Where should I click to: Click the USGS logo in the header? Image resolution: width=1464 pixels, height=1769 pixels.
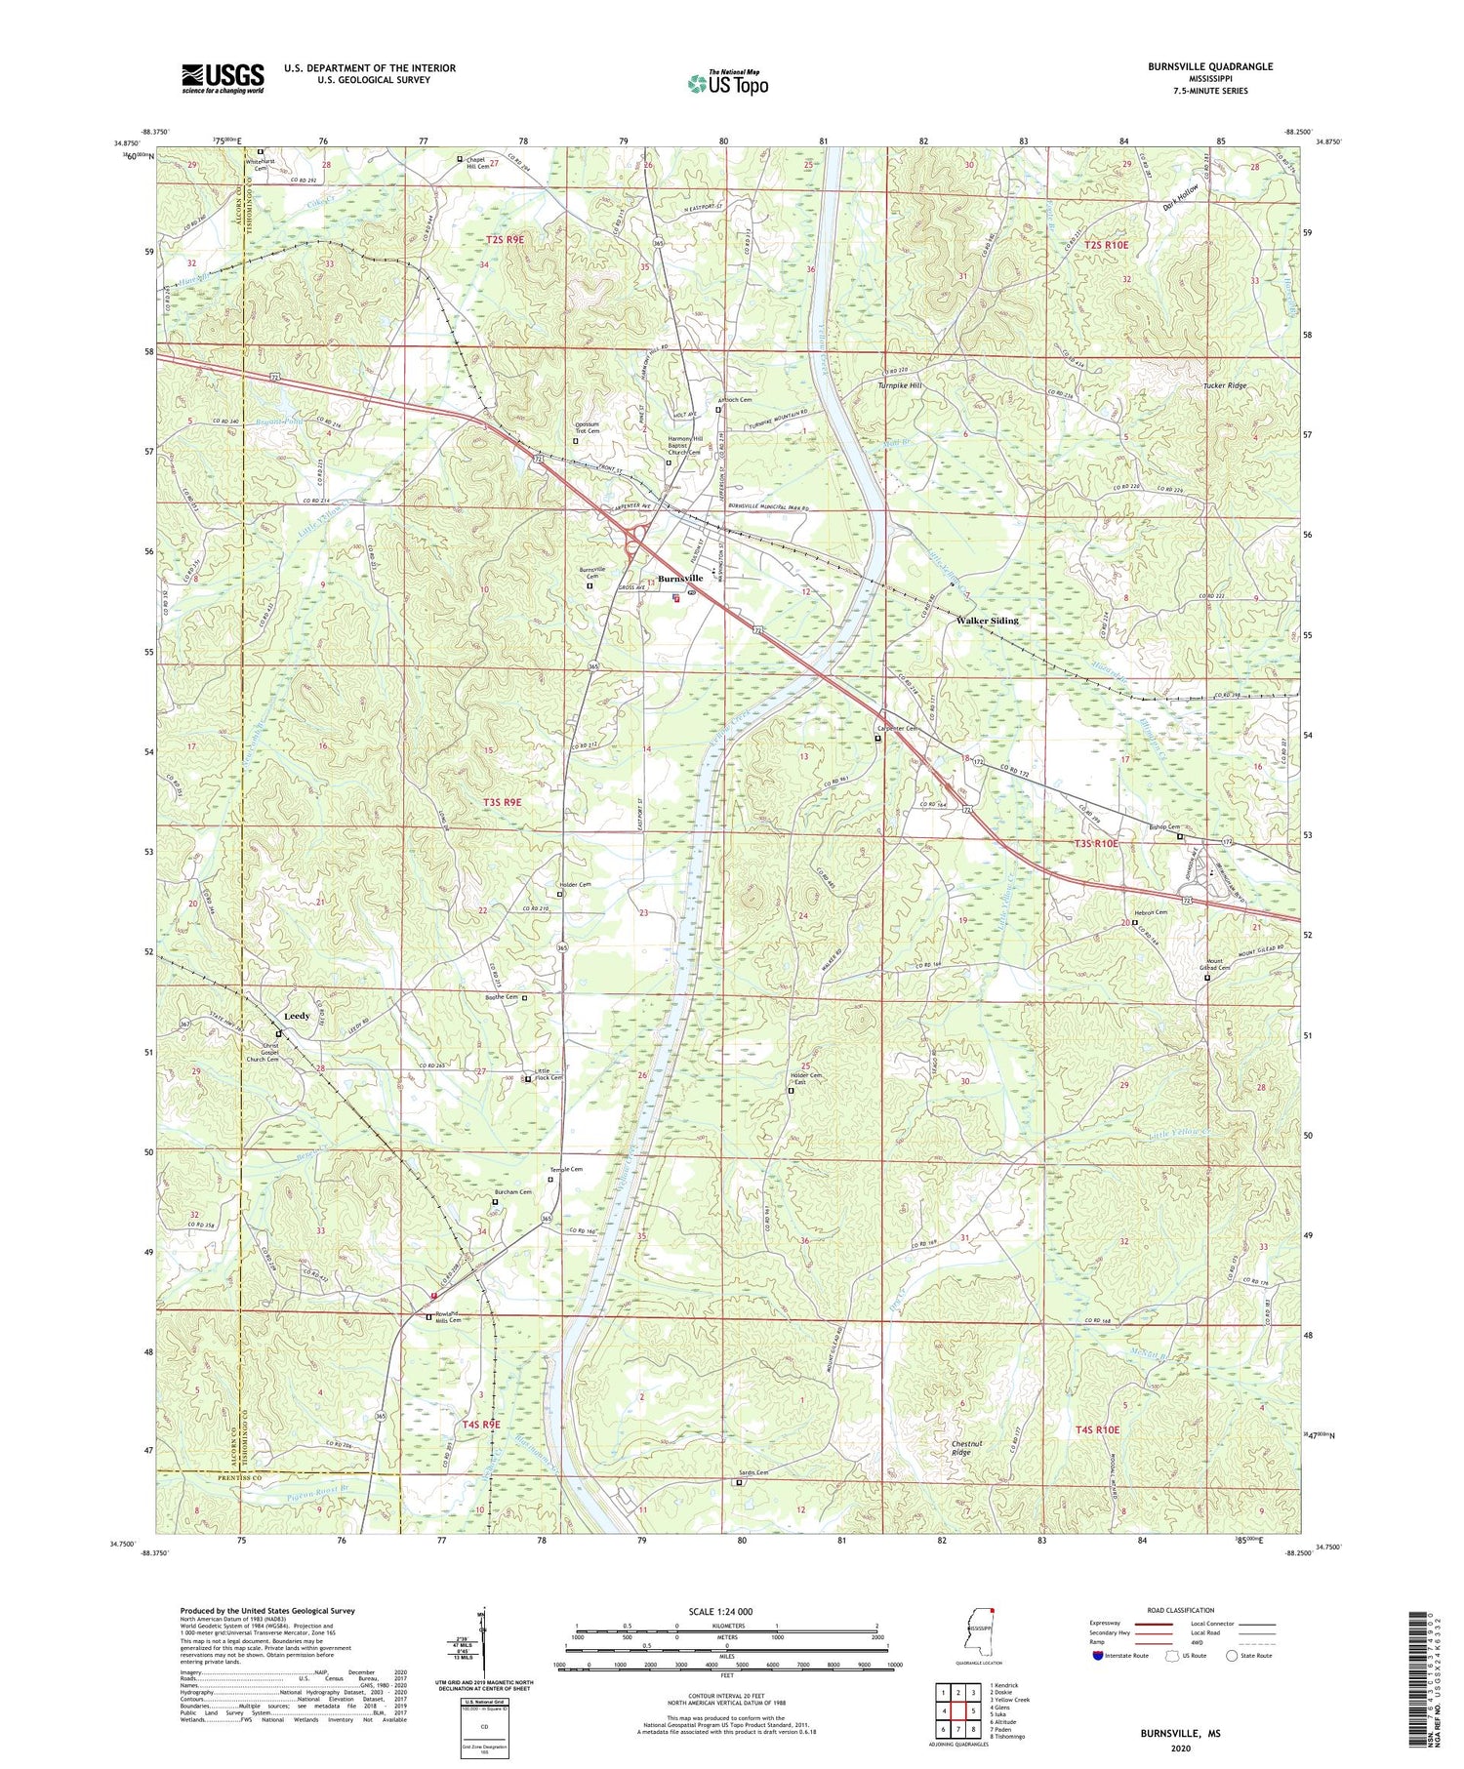point(223,78)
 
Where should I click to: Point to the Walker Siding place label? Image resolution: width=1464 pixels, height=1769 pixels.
point(987,621)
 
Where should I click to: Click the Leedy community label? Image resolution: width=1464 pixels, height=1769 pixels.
point(297,1016)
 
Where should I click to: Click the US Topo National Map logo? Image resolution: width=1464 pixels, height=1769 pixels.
point(727,84)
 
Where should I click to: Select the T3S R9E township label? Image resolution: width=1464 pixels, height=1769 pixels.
point(503,802)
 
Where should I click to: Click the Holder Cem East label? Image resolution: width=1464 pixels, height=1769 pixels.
point(797,1079)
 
